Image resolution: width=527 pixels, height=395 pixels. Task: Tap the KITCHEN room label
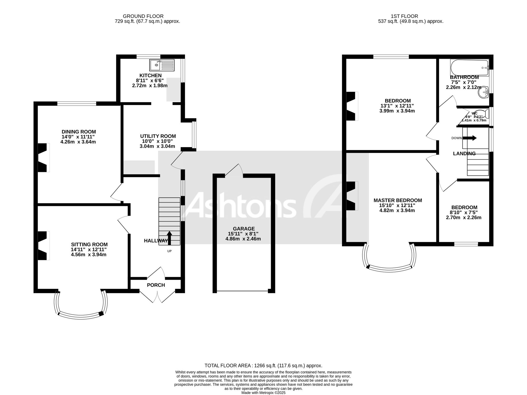pos(151,76)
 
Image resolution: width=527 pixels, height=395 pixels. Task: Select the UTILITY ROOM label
pos(158,136)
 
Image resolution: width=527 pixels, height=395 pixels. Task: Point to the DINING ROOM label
pos(79,132)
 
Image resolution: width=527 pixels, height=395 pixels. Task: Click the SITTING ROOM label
pos(89,245)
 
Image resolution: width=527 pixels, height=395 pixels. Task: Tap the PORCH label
pos(156,285)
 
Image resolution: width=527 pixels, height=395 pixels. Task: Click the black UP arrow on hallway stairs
pos(169,238)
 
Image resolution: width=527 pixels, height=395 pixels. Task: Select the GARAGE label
pos(244,229)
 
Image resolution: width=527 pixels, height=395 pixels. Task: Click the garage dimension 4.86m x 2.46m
pos(243,239)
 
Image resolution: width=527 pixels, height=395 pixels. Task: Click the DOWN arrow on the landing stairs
pos(470,138)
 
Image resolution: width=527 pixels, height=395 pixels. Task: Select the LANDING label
pos(464,154)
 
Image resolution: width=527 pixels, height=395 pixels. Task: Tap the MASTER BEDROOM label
pos(398,200)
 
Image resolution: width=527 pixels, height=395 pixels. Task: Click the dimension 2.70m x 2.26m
pos(463,218)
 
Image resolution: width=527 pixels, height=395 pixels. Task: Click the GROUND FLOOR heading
pos(143,16)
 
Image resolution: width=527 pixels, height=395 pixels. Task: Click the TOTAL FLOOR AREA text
pos(263,366)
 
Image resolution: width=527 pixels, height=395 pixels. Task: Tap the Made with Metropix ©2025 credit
pos(263,393)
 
